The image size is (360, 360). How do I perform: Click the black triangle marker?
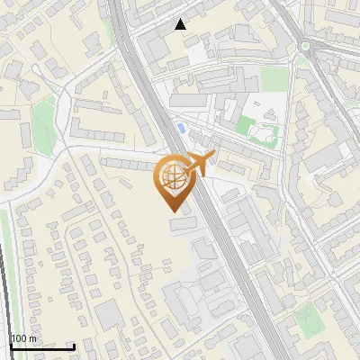[x=181, y=24]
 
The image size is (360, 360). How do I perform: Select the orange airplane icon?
[x=200, y=163]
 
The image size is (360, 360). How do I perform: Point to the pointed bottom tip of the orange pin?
[x=172, y=211]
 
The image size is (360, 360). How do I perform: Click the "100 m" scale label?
[x=23, y=338]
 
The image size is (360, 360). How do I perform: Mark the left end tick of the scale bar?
[x=11, y=345]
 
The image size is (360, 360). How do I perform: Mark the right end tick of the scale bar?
[x=74, y=345]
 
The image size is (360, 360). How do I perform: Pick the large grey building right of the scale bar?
[x=108, y=316]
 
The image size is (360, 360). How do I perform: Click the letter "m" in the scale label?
[x=32, y=338]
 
